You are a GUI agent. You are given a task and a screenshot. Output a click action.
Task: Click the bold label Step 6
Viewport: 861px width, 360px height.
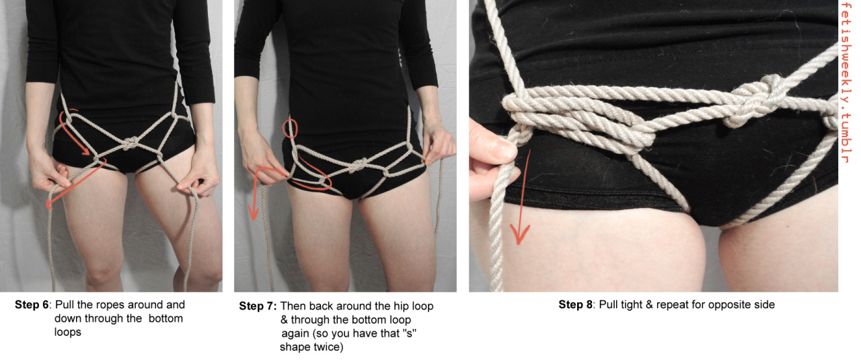pos(32,305)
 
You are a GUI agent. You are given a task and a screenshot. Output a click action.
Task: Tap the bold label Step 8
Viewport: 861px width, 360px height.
pos(576,305)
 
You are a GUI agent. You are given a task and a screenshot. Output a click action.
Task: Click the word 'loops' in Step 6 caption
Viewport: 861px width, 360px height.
pos(68,332)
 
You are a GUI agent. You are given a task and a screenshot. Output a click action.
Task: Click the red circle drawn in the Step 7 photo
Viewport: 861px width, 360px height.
pos(290,129)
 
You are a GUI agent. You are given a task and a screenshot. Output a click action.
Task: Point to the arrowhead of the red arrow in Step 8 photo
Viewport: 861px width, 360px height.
pos(519,235)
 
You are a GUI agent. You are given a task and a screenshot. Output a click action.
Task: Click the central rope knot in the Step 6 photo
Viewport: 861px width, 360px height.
pos(130,143)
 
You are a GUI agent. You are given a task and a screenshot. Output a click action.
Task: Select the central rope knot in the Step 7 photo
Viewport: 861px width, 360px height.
pos(360,165)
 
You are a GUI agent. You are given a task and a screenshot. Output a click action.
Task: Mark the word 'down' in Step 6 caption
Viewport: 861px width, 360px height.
pos(68,318)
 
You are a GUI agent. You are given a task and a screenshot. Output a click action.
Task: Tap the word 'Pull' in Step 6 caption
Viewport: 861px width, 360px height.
pos(65,305)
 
